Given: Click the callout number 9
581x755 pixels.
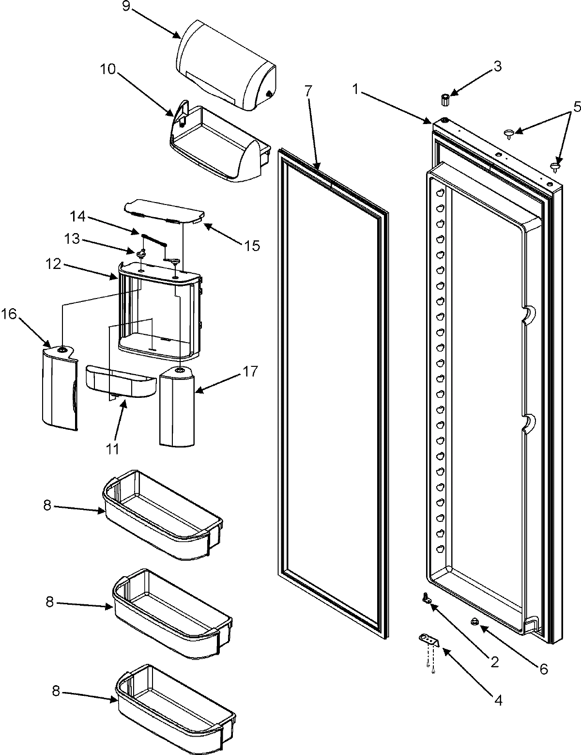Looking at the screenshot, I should click(x=126, y=10).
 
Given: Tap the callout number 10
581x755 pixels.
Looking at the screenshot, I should click(x=108, y=69).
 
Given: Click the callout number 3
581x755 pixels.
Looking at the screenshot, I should click(x=497, y=66).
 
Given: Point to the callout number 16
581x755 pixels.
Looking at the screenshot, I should click(x=11, y=314).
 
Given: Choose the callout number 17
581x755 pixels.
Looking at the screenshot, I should click(x=251, y=372).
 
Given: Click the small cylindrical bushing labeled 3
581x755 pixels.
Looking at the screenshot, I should click(x=445, y=100).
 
